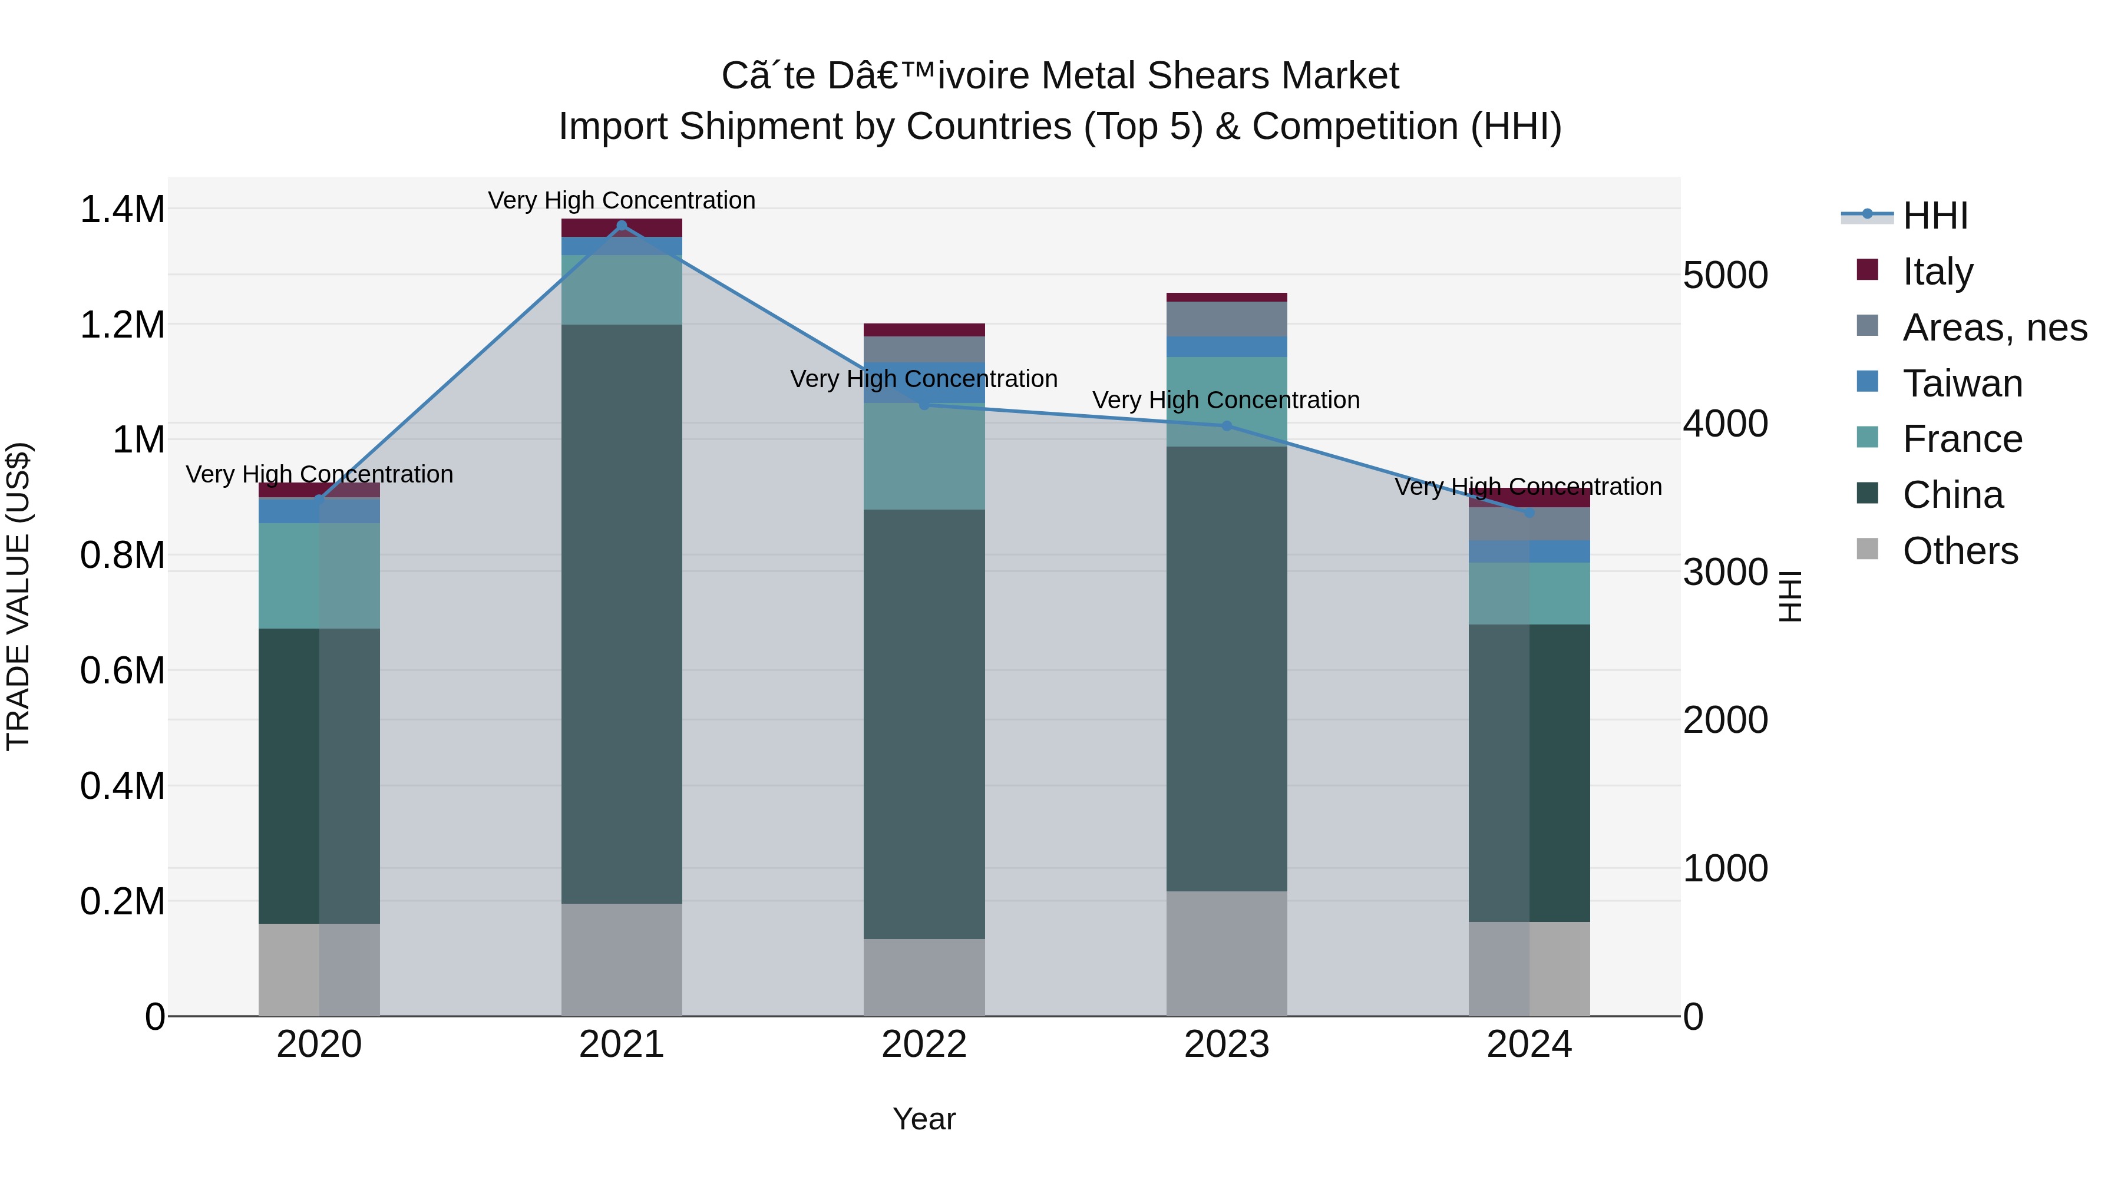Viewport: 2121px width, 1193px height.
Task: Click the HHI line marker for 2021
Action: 622,226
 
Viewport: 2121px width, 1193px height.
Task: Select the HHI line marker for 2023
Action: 1227,426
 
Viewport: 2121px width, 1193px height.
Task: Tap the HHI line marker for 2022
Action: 924,405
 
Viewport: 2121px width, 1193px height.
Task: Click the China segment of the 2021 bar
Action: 622,613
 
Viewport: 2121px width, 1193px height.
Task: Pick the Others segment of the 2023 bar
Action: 1227,953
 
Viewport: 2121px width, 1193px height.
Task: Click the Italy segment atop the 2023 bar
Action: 1227,298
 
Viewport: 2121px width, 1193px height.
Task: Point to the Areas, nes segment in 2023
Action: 1227,319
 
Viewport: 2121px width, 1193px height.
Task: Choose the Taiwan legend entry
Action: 1962,384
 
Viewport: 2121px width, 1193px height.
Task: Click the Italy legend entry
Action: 1937,272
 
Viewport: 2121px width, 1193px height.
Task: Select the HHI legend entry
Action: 1935,216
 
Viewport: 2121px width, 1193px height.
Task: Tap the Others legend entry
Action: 1960,551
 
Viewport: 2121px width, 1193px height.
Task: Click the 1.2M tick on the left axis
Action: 122,325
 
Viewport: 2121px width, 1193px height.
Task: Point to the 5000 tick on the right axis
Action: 1725,275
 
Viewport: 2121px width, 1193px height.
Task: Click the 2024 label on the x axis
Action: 1529,1045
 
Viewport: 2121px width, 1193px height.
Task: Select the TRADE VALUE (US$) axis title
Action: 18,596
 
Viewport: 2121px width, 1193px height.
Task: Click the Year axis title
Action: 924,1119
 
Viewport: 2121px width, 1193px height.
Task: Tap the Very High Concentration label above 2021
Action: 622,200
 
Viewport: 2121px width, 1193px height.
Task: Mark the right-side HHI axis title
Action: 1789,596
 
